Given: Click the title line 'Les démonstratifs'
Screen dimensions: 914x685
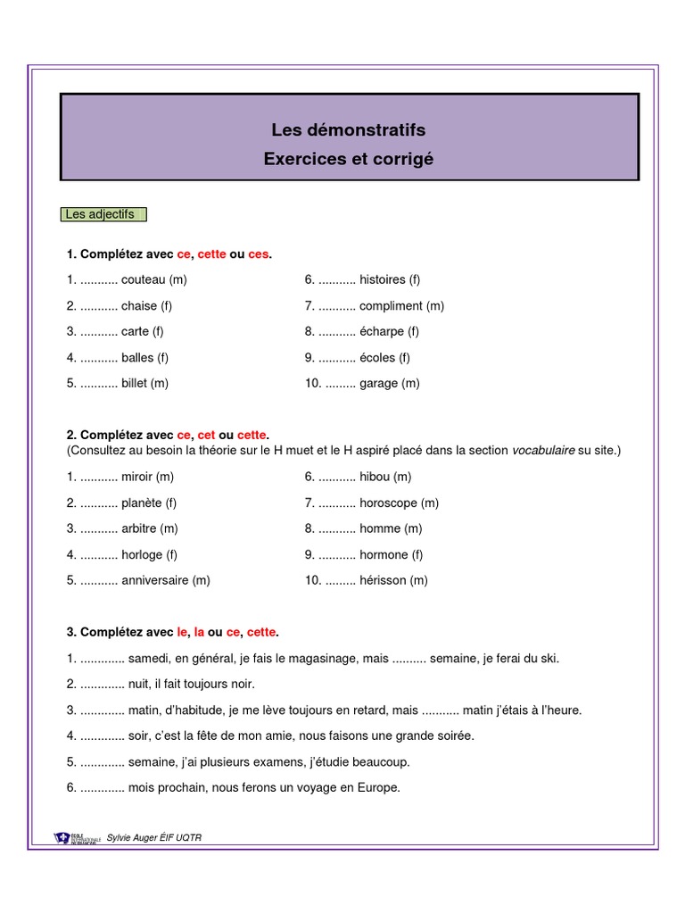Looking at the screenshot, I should click(349, 130).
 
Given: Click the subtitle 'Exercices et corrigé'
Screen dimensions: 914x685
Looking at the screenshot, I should click(349, 159).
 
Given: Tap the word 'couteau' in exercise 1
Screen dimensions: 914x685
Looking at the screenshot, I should click(143, 279).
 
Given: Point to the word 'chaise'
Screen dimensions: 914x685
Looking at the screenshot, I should click(139, 305).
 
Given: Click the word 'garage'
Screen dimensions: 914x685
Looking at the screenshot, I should click(379, 383).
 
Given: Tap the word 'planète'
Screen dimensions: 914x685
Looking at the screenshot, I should click(142, 503).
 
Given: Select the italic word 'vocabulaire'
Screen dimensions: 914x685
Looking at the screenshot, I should click(543, 451).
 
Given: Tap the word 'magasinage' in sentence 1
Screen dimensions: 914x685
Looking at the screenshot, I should click(322, 659).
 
